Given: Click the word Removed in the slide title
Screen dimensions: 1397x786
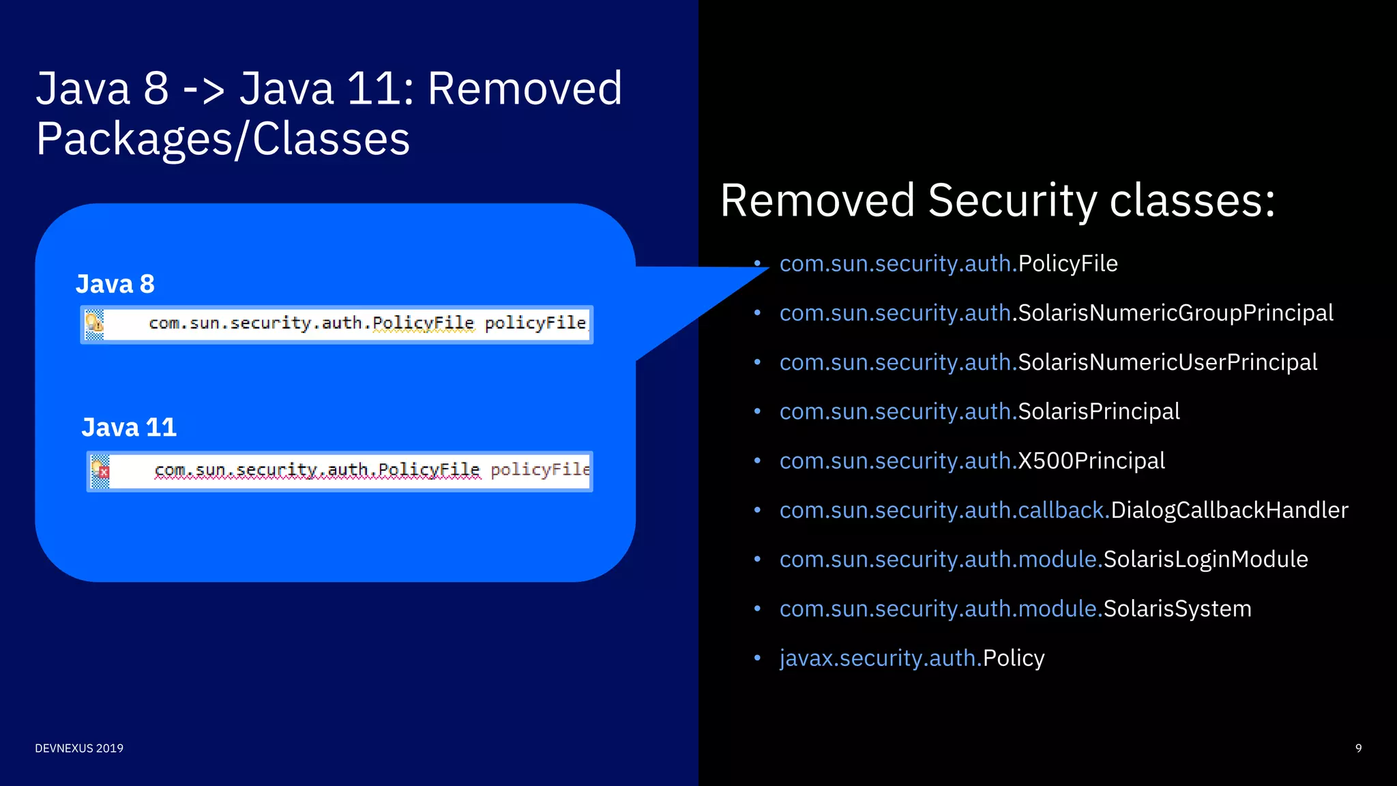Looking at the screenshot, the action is pyautogui.click(x=525, y=89).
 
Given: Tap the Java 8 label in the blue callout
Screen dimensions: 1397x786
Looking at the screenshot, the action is pyautogui.click(x=115, y=284).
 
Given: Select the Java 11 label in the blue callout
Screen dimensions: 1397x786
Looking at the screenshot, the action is pyautogui.click(x=129, y=427).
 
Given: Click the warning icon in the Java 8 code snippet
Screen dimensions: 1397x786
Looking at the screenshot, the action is pyautogui.click(x=95, y=323).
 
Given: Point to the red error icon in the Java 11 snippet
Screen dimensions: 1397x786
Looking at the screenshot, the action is pyautogui.click(x=101, y=471).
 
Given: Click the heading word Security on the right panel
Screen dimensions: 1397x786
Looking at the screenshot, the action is pyautogui.click(x=1012, y=201).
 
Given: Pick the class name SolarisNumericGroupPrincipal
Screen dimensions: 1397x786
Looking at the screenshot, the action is pyautogui.click(x=1175, y=312).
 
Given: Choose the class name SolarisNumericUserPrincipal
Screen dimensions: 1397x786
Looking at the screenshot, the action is pyautogui.click(x=1167, y=362).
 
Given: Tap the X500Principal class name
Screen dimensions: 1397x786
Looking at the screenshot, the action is pyautogui.click(x=1091, y=461).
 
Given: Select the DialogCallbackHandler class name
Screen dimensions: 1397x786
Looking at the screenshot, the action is pyautogui.click(x=1229, y=510).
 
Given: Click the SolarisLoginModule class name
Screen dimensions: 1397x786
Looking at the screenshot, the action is pyautogui.click(x=1205, y=559).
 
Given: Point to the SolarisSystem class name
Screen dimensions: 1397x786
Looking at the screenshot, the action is pyautogui.click(x=1177, y=609).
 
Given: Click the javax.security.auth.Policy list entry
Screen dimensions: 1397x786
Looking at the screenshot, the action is pyautogui.click(x=911, y=658).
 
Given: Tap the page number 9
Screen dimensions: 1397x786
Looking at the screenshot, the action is pyautogui.click(x=1358, y=748).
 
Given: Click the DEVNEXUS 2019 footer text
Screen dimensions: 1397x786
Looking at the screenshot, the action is pyautogui.click(x=79, y=748).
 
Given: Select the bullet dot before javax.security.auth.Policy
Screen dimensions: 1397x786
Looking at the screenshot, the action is pyautogui.click(x=757, y=658).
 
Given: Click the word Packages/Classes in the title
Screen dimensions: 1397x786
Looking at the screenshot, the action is pyautogui.click(x=223, y=139).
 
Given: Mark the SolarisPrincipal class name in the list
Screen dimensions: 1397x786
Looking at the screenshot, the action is pyautogui.click(x=1098, y=411).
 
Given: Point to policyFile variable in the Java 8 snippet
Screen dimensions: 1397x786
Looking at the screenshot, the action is pyautogui.click(x=535, y=323).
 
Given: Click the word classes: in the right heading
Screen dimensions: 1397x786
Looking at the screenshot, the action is pyautogui.click(x=1192, y=201).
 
